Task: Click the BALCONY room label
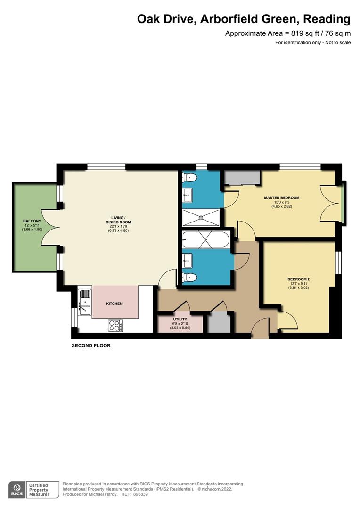point(32,221)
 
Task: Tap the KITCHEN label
point(114,304)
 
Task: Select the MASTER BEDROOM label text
point(281,198)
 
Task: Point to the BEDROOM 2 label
point(298,279)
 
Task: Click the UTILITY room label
point(180,319)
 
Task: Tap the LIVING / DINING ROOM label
point(118,220)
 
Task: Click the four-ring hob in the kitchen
point(115,325)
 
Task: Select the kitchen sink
point(85,304)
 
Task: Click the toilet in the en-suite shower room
point(190,178)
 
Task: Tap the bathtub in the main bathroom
point(205,240)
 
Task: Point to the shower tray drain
point(201,218)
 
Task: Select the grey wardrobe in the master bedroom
point(242,178)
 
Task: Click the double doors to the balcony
point(51,228)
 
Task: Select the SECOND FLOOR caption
point(91,345)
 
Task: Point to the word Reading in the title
point(327,19)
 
